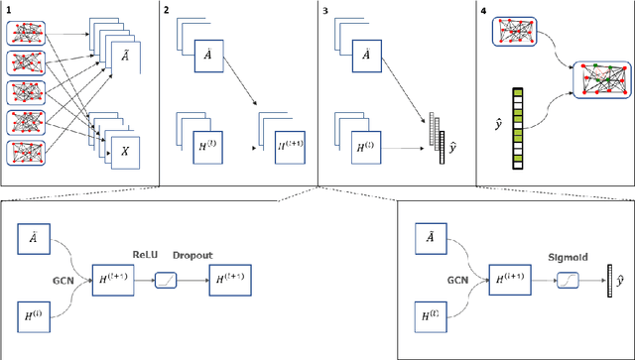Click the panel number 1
[9, 9]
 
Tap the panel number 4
[484, 9]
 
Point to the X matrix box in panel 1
[125, 153]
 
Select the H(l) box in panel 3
[366, 153]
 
